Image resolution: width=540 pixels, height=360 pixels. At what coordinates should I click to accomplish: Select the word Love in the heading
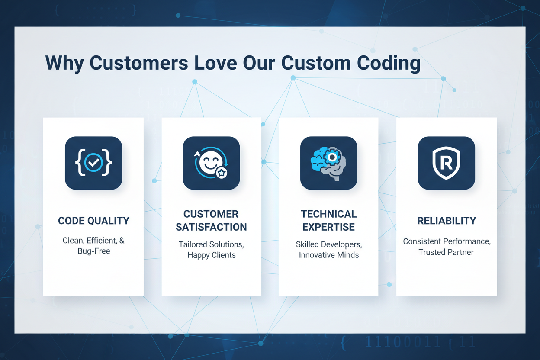pyautogui.click(x=215, y=63)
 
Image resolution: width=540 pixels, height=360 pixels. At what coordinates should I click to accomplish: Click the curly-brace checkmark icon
pyautogui.click(x=93, y=163)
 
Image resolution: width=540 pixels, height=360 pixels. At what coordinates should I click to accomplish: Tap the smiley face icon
pyautogui.click(x=210, y=163)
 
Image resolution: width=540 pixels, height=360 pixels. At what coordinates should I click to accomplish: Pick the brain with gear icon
pyautogui.click(x=328, y=163)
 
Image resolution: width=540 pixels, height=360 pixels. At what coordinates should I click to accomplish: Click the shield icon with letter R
pyautogui.click(x=446, y=163)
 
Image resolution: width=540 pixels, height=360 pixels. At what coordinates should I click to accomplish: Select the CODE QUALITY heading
pyautogui.click(x=93, y=221)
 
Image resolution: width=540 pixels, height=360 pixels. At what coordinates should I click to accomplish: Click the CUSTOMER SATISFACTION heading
pyautogui.click(x=211, y=221)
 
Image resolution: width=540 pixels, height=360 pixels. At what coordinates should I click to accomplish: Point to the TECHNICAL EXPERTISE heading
pyautogui.click(x=328, y=221)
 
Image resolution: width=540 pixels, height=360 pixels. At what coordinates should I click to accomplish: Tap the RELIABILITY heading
pyautogui.click(x=446, y=221)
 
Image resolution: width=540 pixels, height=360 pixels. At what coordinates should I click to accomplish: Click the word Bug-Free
pyautogui.click(x=93, y=251)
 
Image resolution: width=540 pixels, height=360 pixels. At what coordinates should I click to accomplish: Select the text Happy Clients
pyautogui.click(x=211, y=255)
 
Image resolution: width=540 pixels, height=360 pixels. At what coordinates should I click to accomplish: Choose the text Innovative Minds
pyautogui.click(x=328, y=255)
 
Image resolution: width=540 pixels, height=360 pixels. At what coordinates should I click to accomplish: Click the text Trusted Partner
pyautogui.click(x=446, y=252)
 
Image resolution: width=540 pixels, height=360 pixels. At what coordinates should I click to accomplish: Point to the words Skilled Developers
pyautogui.click(x=328, y=244)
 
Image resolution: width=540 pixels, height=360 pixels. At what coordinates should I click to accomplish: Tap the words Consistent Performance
pyautogui.click(x=446, y=241)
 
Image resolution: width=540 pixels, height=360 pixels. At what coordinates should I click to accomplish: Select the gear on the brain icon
pyautogui.click(x=332, y=157)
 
